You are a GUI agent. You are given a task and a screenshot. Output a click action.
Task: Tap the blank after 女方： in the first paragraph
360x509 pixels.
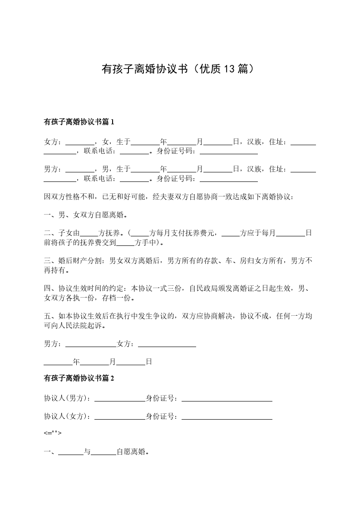(x=80, y=142)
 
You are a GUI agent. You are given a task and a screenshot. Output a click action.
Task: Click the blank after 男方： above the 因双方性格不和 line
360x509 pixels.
(x=80, y=169)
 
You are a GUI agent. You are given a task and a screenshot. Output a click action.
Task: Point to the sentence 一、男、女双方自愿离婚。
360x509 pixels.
(x=85, y=215)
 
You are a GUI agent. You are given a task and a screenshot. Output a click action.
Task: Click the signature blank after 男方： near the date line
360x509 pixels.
(x=91, y=344)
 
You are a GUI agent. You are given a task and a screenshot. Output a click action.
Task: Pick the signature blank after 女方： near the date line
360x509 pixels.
(x=167, y=344)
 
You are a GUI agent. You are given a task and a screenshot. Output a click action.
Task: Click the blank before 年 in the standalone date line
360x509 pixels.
(x=58, y=362)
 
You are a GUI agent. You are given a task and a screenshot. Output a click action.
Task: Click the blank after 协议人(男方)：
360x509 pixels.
(x=119, y=399)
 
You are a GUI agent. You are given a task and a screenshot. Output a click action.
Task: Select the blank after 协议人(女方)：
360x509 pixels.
(x=119, y=416)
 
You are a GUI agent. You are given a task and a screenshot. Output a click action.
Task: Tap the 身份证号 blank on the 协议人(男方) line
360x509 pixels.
(x=227, y=399)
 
